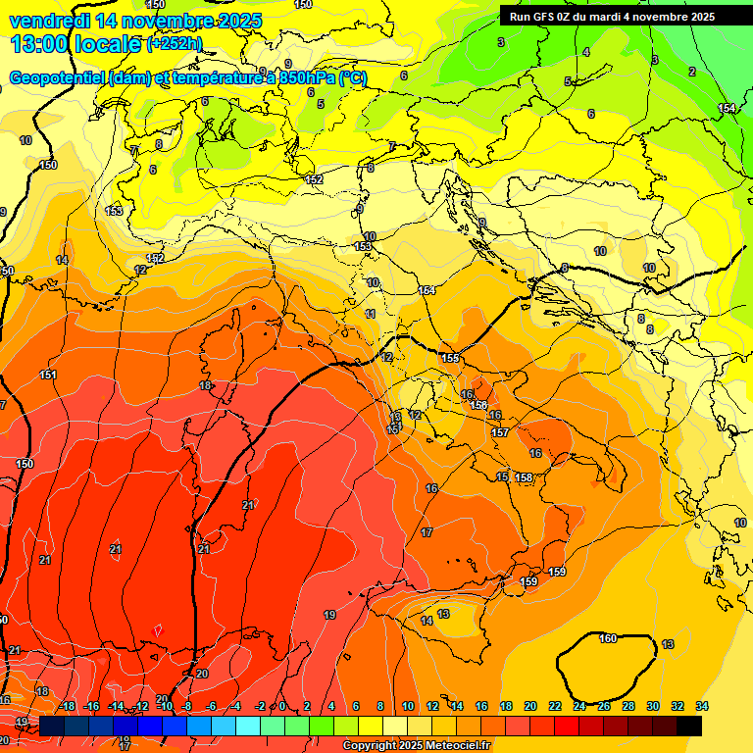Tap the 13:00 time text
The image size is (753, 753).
44,43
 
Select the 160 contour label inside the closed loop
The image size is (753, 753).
608,638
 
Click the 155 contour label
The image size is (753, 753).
450,359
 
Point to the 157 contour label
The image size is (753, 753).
500,432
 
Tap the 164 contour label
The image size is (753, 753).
427,290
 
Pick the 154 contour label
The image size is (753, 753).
727,108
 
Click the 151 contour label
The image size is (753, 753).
48,375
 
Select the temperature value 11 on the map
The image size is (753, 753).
371,314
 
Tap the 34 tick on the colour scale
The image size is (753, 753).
702,706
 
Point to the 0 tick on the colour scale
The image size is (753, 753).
282,706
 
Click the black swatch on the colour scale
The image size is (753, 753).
689,726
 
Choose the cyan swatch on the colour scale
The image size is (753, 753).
248,726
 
